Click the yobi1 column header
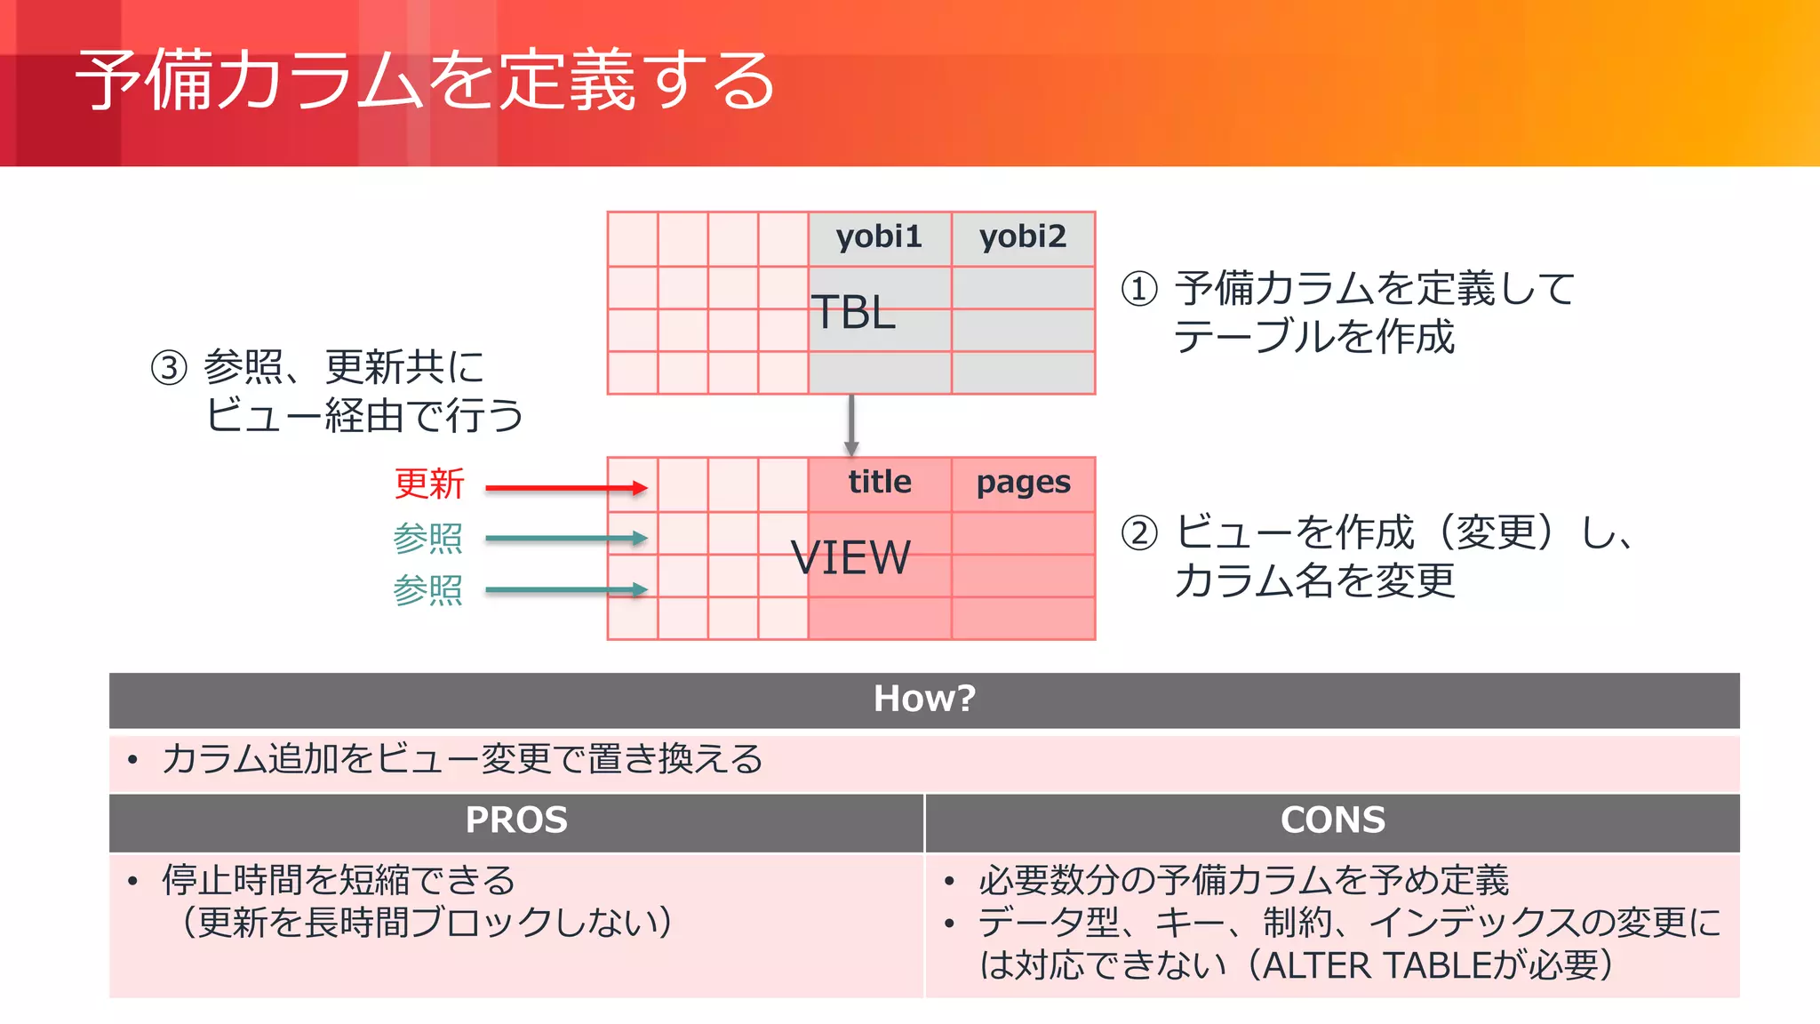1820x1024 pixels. (x=879, y=237)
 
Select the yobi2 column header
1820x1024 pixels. (x=1023, y=237)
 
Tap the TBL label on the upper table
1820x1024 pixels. (x=853, y=313)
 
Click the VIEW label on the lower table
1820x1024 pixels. (x=850, y=558)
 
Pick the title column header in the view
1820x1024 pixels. (x=880, y=483)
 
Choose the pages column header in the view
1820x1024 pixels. (x=1023, y=484)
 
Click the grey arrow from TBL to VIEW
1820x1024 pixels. (x=851, y=425)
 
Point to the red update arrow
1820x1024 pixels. (x=566, y=487)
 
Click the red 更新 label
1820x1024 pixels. (x=429, y=484)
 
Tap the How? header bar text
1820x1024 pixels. (x=924, y=699)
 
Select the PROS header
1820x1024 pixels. (x=516, y=820)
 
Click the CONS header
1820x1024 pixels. (x=1332, y=820)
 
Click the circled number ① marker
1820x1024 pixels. (x=1139, y=289)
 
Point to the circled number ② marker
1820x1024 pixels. (x=1139, y=533)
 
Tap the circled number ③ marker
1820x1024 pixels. (x=169, y=367)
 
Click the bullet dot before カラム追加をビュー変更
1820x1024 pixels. (x=132, y=760)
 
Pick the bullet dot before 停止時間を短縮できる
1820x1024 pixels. (x=132, y=881)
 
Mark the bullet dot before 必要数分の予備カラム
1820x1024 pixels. (x=949, y=881)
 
